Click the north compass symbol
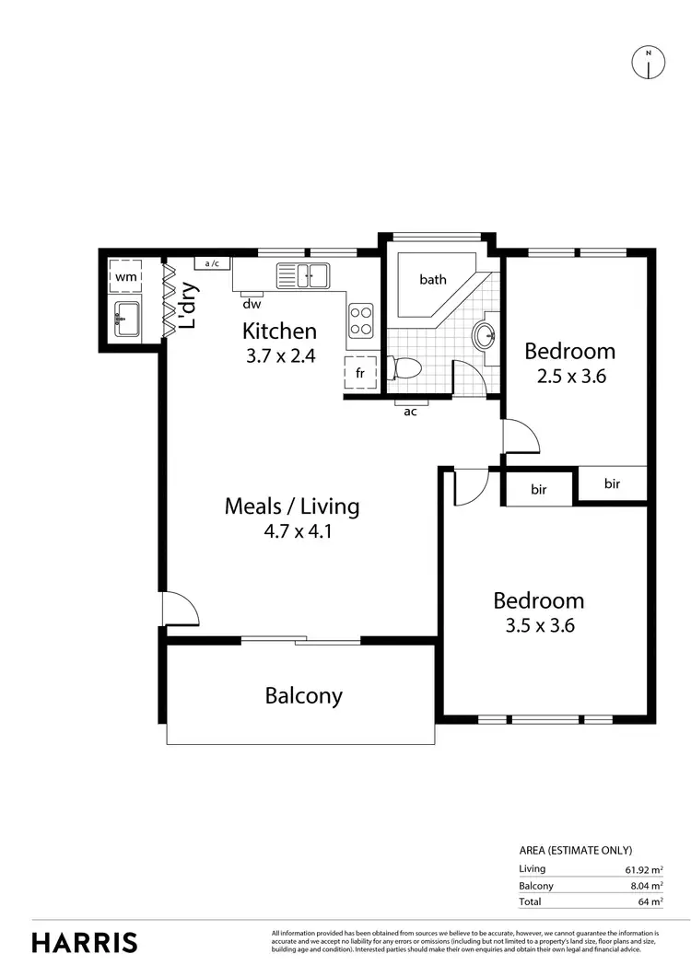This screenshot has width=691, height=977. [648, 62]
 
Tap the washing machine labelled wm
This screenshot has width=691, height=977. [126, 275]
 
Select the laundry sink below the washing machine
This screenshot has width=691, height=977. [126, 320]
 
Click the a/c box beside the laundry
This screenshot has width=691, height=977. [212, 263]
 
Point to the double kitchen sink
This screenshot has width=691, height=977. [303, 273]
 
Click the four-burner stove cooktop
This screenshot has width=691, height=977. [360, 320]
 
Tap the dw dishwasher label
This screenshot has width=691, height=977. [251, 303]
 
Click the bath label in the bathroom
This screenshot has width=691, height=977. [433, 279]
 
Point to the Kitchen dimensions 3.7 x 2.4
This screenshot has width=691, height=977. [280, 355]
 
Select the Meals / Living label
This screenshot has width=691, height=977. [291, 506]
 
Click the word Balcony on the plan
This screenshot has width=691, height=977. [303, 695]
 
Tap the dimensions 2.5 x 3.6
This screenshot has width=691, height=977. [569, 376]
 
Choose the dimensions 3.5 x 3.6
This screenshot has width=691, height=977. [538, 626]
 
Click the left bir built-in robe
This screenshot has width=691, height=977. [539, 490]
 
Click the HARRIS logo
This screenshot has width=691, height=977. [85, 942]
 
